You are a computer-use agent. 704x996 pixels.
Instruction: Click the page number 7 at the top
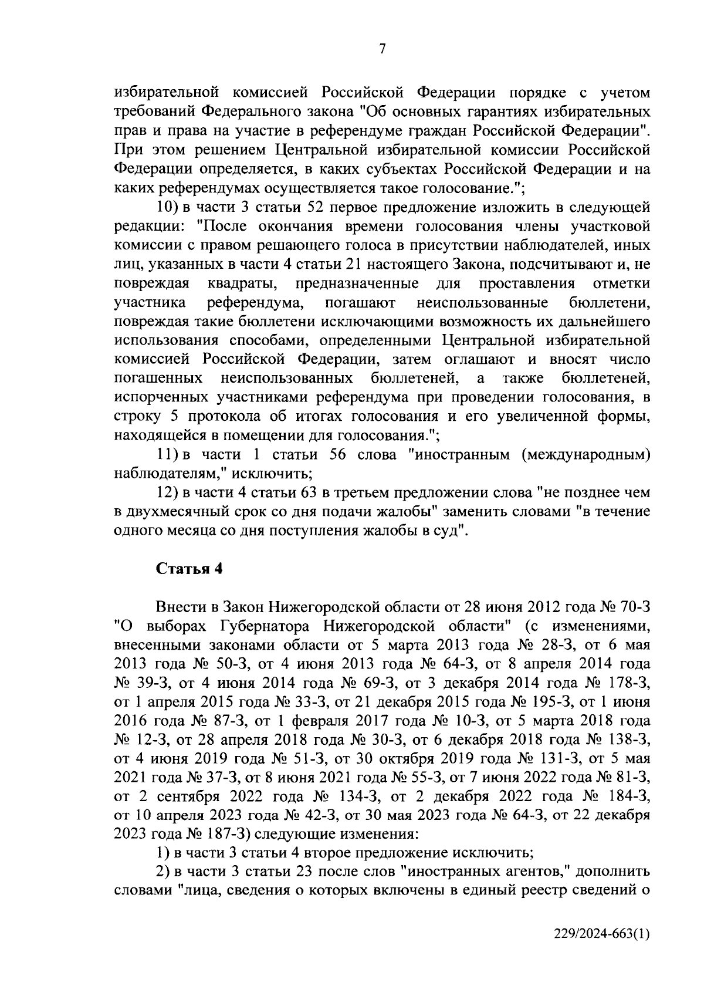coord(383,50)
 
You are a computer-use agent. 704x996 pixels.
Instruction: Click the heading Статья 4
coord(189,569)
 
